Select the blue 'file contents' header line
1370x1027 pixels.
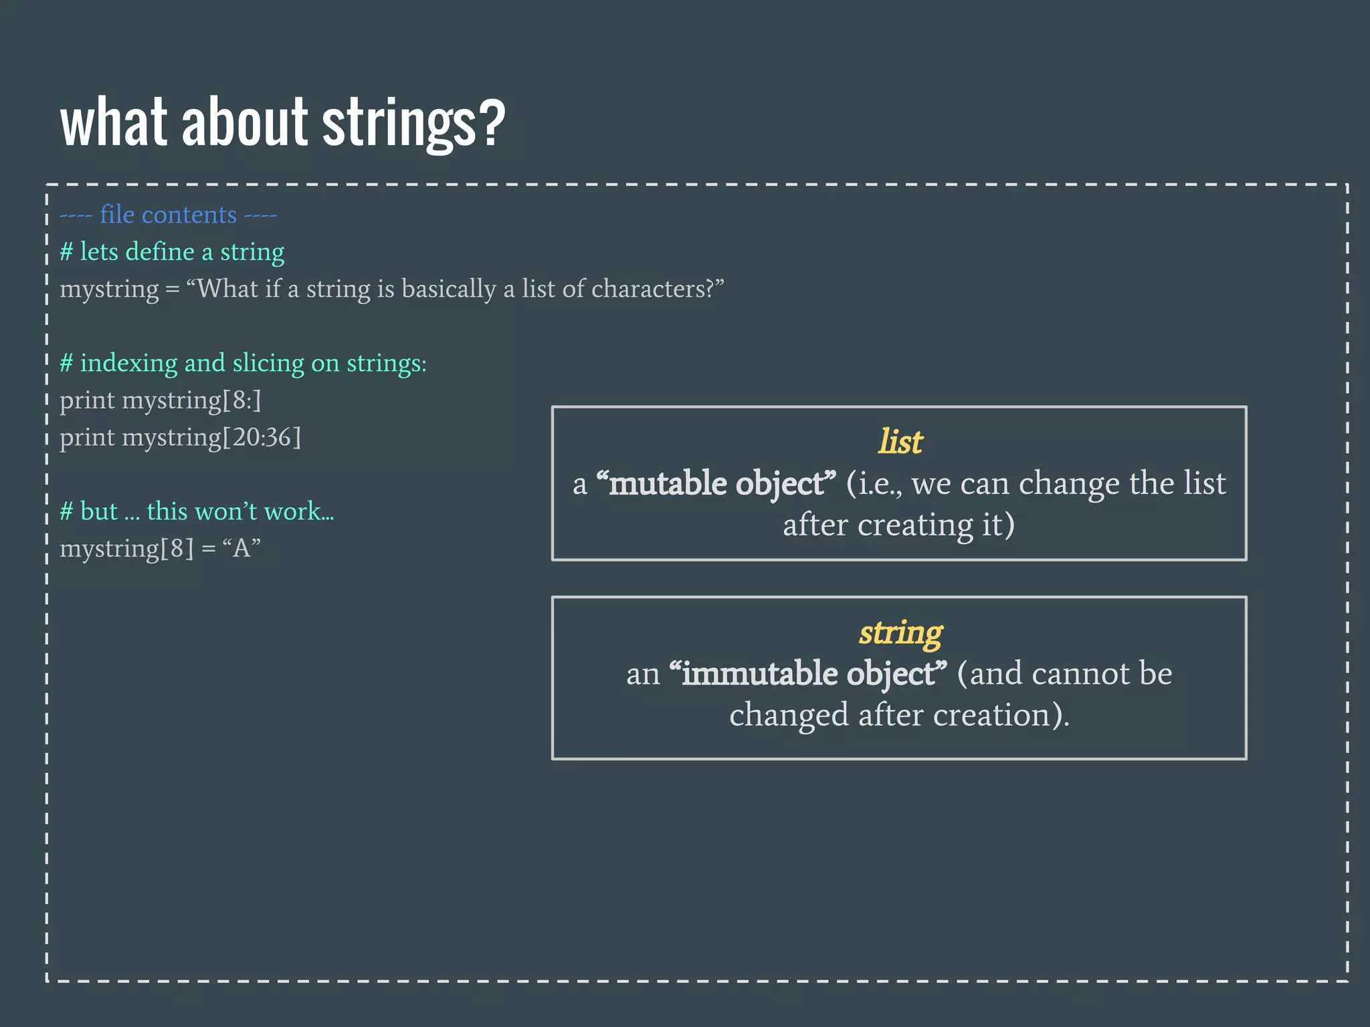pos(168,215)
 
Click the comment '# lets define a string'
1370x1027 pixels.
pos(172,252)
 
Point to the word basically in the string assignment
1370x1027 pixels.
pos(448,289)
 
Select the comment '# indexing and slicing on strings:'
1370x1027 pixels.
pos(243,363)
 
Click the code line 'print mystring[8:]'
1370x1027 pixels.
pos(161,401)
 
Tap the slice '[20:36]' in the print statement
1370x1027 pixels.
pos(262,437)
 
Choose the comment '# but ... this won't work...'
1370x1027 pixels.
pos(197,511)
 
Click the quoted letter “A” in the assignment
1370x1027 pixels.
pos(241,548)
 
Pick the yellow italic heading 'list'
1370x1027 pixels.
pos(900,441)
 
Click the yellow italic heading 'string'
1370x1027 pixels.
pos(900,632)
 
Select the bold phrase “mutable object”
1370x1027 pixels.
pos(716,483)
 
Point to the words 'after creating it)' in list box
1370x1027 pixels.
pos(898,525)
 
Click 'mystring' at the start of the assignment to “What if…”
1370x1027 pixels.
pos(109,290)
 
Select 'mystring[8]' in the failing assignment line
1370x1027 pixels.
pos(126,549)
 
